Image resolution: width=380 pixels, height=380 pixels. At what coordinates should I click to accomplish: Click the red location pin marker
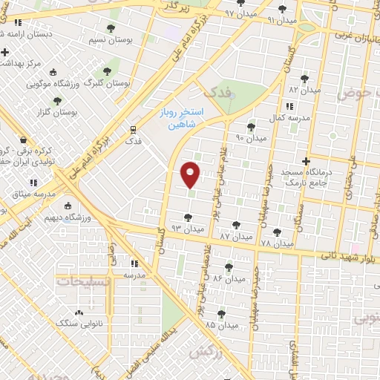[191, 174]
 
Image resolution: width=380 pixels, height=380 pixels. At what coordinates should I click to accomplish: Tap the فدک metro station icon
[134, 128]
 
